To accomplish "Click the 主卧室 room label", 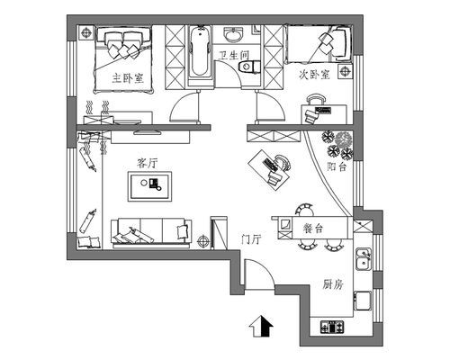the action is tap(128, 78).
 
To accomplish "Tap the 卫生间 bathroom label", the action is tap(234, 55).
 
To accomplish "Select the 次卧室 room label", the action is tap(314, 75).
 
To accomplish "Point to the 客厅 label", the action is tap(147, 164).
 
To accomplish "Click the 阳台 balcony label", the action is tap(337, 166).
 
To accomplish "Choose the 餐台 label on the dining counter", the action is tap(313, 229).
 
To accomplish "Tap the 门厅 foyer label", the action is tap(251, 239).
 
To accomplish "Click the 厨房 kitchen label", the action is tap(333, 284).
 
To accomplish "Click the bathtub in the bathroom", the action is tap(200, 51).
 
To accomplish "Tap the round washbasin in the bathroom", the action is tap(233, 35).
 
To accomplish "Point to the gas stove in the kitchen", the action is tap(332, 327).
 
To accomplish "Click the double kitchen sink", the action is tap(364, 259).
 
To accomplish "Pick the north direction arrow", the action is tap(261, 326).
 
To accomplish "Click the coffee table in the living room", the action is tap(150, 186).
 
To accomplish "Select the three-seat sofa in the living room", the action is tap(151, 234).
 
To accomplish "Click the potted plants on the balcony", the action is tap(337, 145).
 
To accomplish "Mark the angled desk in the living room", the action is tap(269, 170).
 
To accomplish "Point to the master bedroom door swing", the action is tap(180, 101).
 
